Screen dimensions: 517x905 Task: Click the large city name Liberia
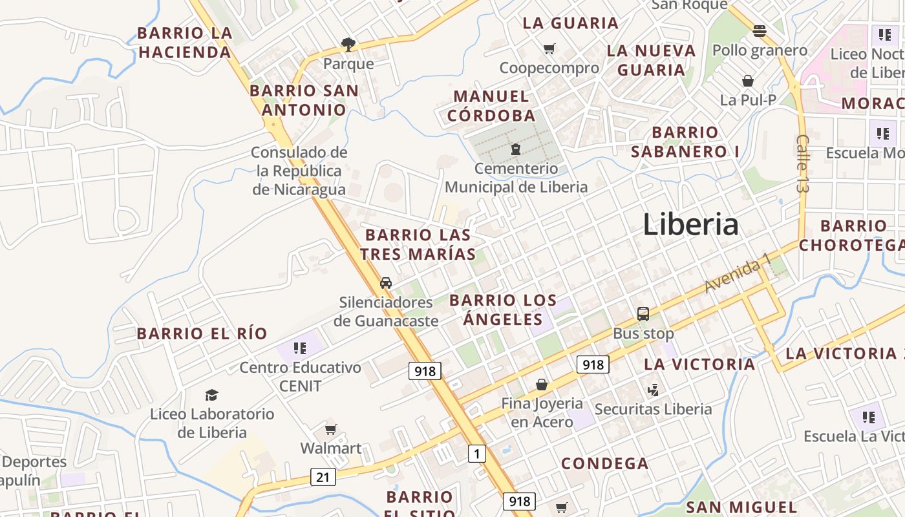click(x=690, y=224)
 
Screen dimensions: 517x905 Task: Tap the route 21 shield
click(x=323, y=477)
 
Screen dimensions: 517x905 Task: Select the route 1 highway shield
click(x=476, y=454)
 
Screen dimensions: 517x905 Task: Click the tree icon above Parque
click(x=348, y=45)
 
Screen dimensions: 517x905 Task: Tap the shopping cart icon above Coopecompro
click(x=549, y=48)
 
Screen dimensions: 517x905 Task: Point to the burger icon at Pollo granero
click(x=760, y=30)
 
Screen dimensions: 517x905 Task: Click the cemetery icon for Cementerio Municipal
click(x=516, y=150)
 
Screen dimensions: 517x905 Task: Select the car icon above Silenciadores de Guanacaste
click(x=386, y=282)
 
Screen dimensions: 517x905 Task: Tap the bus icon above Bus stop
click(x=643, y=314)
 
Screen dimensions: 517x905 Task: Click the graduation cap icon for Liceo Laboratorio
click(x=211, y=395)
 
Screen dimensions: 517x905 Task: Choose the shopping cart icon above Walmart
click(x=331, y=429)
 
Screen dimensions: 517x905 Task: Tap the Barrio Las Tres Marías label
click(x=418, y=244)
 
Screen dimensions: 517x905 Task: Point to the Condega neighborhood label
click(x=604, y=463)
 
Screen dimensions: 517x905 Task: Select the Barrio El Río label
click(x=202, y=333)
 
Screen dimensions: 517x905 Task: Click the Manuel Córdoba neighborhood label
click(x=491, y=106)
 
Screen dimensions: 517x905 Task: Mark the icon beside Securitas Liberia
click(x=653, y=390)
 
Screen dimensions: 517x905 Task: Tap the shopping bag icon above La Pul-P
click(x=748, y=81)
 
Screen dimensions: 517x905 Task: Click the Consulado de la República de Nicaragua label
click(x=299, y=171)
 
